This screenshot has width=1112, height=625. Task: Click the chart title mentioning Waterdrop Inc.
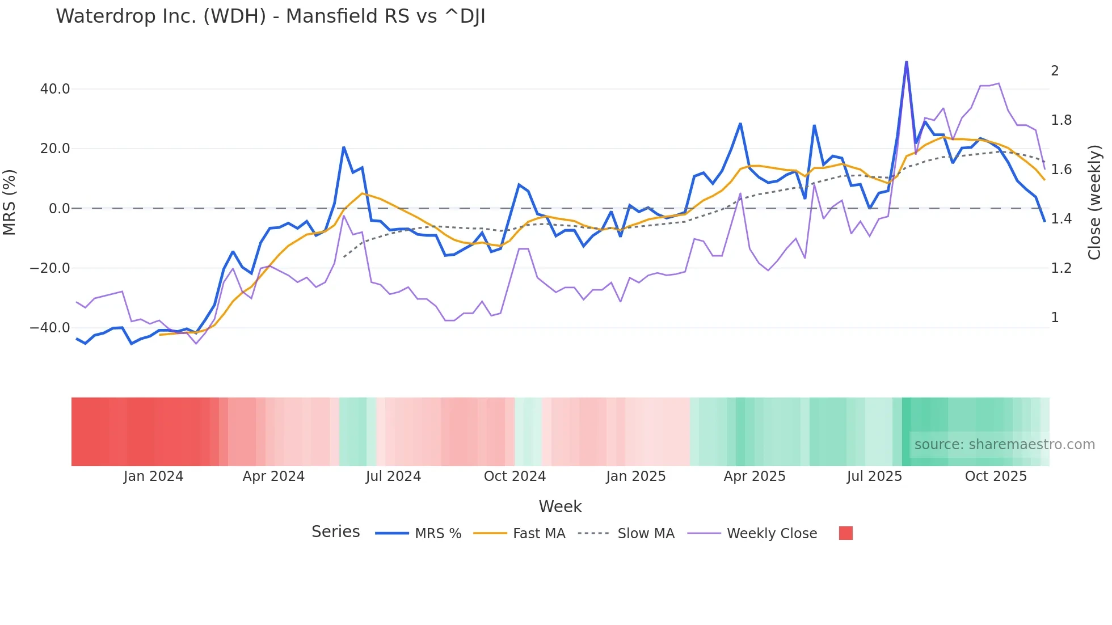tap(271, 16)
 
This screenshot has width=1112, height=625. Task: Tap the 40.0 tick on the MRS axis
tap(55, 89)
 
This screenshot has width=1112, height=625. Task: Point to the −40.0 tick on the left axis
tap(50, 328)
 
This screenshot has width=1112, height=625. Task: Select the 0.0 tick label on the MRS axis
tap(59, 209)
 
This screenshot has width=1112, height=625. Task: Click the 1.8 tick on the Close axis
tap(1061, 120)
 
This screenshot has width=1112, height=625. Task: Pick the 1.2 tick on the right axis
tap(1061, 268)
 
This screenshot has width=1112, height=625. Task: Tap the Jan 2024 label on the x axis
tap(153, 476)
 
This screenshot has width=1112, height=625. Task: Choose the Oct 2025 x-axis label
tap(996, 476)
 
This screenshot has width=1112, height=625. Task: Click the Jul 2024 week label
tap(393, 476)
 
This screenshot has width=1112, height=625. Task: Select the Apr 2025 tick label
tap(755, 476)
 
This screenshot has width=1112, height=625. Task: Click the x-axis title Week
tap(560, 506)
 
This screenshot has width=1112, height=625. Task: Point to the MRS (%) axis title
tap(10, 202)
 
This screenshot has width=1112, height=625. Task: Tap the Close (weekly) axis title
tap(1094, 202)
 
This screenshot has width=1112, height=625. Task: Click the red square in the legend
tap(846, 533)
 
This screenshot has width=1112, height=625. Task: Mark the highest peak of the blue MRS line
tap(906, 62)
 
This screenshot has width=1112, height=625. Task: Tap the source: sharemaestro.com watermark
tap(1004, 445)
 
